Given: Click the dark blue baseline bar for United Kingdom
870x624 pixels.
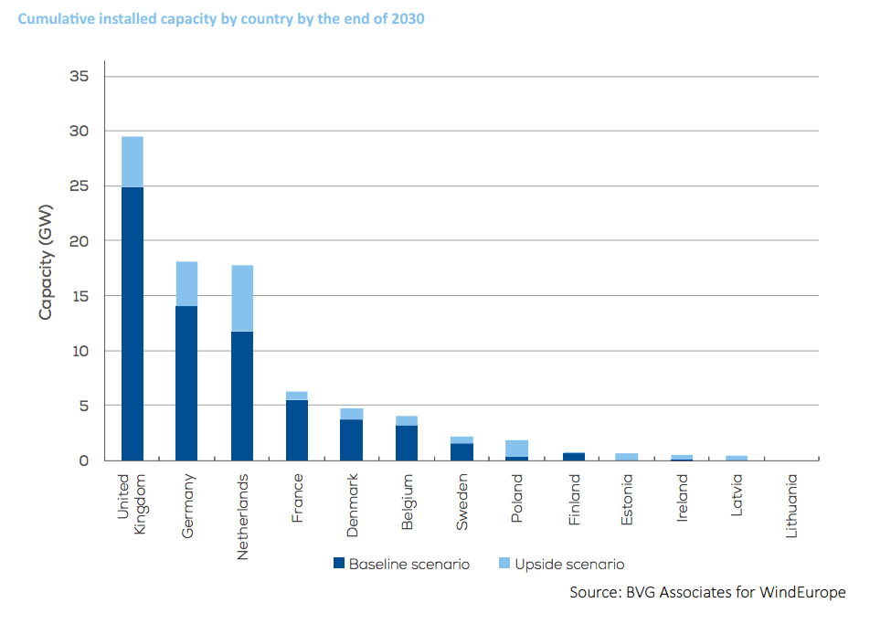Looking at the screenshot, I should point(133,323).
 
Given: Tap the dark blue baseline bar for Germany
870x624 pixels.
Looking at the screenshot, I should point(187,383).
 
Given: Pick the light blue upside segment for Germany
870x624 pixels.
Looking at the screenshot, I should point(187,284).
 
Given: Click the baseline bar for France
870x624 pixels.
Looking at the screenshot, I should point(297,430).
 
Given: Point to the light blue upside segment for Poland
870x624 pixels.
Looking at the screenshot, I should point(516,449).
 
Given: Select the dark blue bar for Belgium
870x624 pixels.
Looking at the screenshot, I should point(407,443).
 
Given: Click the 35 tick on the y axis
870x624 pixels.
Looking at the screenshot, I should point(79,77).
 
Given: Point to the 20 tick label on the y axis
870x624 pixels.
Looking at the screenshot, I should point(79,241).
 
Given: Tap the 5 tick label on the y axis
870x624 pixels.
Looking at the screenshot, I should point(83,406).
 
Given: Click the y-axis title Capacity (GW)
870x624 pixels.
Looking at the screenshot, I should point(46,263).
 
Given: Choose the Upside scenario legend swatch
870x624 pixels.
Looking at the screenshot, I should point(504,564).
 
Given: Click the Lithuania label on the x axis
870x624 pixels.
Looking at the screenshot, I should point(791,504).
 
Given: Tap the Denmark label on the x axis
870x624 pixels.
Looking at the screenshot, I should point(353,501).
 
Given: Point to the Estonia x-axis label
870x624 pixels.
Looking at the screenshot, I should point(627,499).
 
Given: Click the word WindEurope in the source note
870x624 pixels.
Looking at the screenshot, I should point(798,593).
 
